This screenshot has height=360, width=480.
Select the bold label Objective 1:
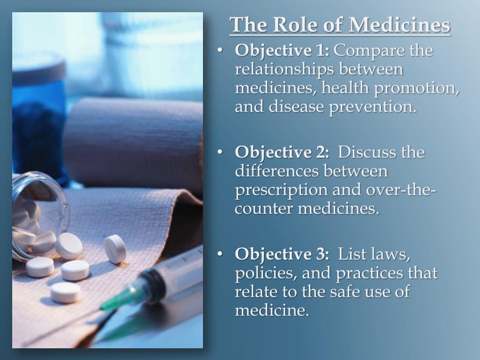pos(283,50)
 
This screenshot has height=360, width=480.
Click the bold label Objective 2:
pos(283,152)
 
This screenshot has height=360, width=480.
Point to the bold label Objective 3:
pos(283,255)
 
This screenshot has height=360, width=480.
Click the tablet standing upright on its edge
pos(115,248)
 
